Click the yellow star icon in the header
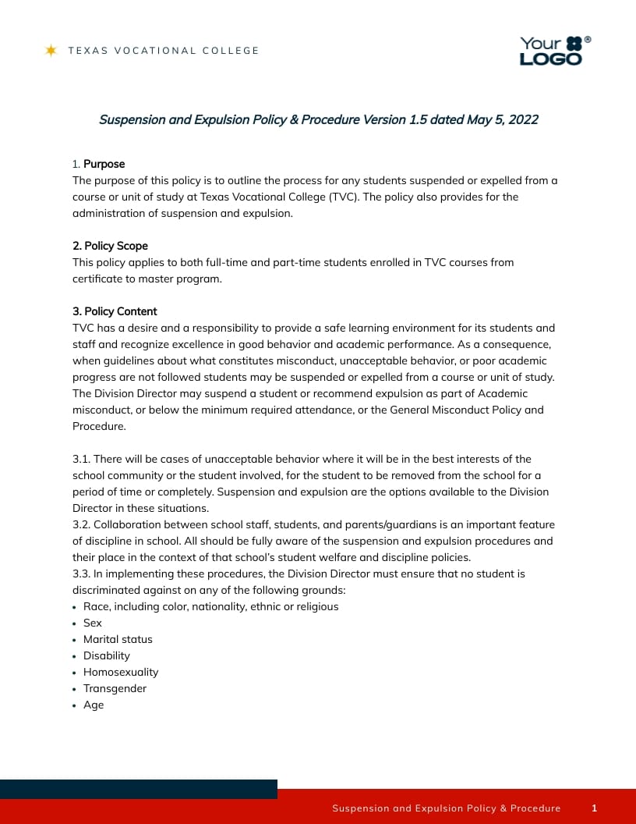pyautogui.click(x=51, y=51)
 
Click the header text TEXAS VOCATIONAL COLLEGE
pyautogui.click(x=163, y=51)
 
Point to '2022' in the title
pyautogui.click(x=523, y=119)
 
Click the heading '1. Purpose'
pyautogui.click(x=98, y=164)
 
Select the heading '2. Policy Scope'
pyautogui.click(x=110, y=246)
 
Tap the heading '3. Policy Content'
pyautogui.click(x=115, y=311)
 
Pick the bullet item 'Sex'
pyautogui.click(x=93, y=623)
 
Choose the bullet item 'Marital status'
pyautogui.click(x=118, y=639)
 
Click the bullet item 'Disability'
pyautogui.click(x=107, y=655)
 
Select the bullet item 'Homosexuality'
pyautogui.click(x=121, y=672)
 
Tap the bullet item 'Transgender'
pyautogui.click(x=115, y=688)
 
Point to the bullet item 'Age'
pyautogui.click(x=94, y=705)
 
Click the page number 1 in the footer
pyautogui.click(x=594, y=808)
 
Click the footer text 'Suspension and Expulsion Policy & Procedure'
pyautogui.click(x=446, y=808)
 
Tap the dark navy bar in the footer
pyautogui.click(x=139, y=789)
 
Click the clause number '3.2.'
pyautogui.click(x=82, y=524)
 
